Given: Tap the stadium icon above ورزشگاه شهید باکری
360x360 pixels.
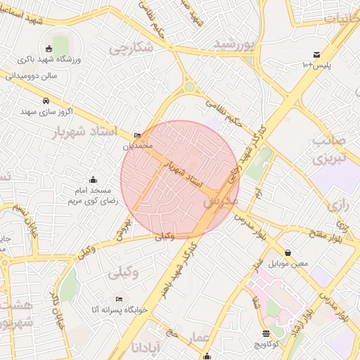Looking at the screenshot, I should (x=48, y=49).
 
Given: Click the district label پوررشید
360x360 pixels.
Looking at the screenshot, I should (x=233, y=45).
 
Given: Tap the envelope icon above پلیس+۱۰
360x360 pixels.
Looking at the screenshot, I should (x=317, y=55).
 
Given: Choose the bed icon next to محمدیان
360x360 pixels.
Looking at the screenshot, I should (x=137, y=135).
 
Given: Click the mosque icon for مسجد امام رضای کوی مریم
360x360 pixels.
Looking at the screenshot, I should (x=94, y=180).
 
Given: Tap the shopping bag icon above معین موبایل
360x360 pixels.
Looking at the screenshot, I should (x=288, y=252).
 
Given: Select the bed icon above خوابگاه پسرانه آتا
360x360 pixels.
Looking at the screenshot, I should (x=118, y=298).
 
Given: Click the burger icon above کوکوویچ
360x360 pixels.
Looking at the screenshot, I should (x=265, y=333).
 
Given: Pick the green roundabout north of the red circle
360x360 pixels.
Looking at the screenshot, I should (x=189, y=88).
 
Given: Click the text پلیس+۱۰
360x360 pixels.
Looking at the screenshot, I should (x=316, y=65).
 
